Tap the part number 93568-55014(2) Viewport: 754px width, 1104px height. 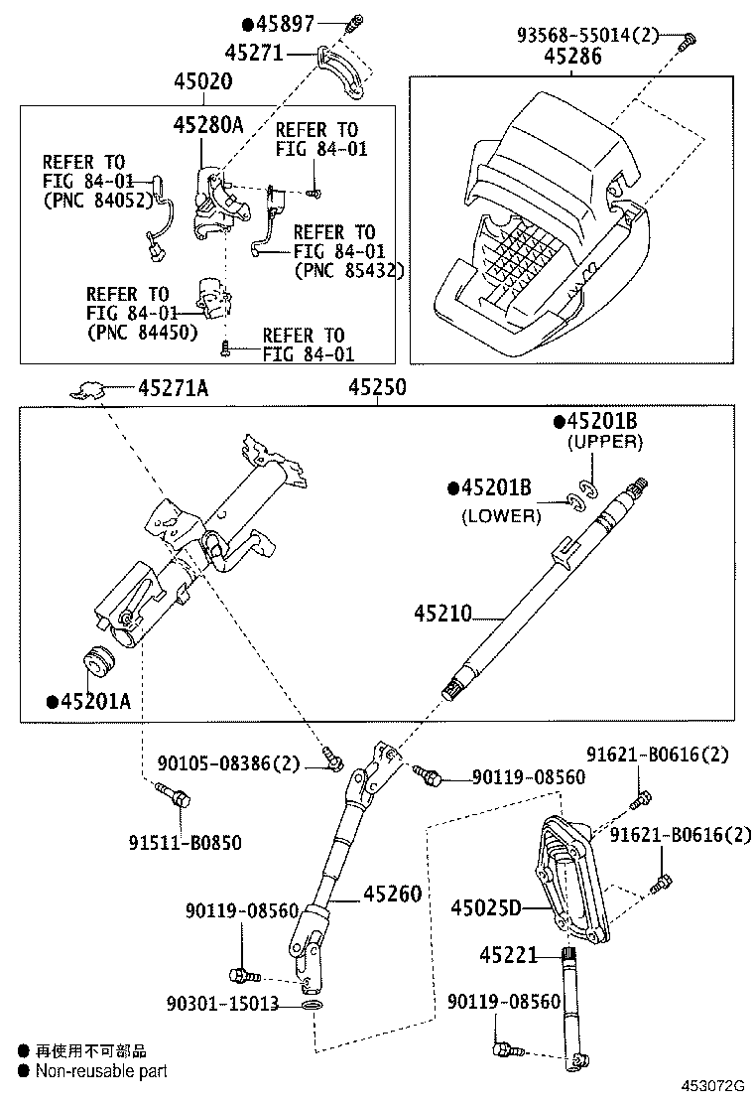587,35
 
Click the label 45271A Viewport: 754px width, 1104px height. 173,389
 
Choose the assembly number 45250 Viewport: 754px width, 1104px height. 376,389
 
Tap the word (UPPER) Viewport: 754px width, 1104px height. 604,443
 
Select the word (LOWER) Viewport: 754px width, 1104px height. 501,515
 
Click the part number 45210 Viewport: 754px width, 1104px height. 443,615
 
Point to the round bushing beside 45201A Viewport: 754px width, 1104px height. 98,660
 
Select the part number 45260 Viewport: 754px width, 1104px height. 393,894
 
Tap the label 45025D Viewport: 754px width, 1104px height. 485,907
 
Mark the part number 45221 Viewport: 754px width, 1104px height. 508,955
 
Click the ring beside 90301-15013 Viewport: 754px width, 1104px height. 313,1007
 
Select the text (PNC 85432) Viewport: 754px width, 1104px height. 348,270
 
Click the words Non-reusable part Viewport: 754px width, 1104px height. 101,1071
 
